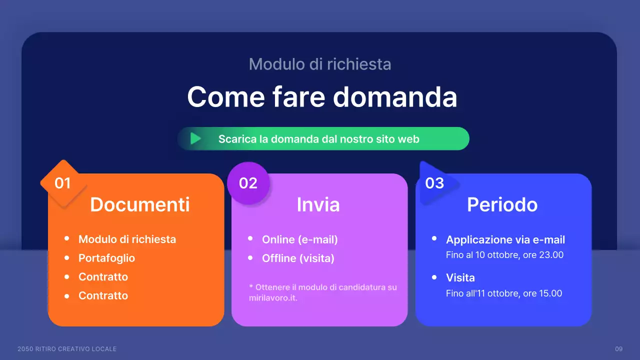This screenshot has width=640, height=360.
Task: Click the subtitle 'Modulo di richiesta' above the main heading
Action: [320, 64]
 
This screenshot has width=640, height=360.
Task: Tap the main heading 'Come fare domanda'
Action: [322, 96]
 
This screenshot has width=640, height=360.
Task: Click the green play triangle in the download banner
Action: [195, 138]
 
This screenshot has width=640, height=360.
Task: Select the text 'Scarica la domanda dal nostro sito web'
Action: [318, 139]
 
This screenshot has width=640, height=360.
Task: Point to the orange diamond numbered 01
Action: [63, 183]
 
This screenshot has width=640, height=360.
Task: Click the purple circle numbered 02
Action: [248, 183]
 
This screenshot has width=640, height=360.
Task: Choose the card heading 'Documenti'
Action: [140, 204]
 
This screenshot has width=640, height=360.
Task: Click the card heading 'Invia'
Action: [318, 204]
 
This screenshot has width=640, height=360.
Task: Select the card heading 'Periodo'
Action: [502, 204]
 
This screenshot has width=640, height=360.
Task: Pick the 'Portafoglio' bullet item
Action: [106, 258]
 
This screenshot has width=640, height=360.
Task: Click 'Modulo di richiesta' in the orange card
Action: [127, 239]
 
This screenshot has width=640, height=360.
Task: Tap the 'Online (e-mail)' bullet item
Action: [300, 239]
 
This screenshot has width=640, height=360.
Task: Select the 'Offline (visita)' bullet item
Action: [298, 258]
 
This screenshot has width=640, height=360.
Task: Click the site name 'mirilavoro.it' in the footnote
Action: [273, 298]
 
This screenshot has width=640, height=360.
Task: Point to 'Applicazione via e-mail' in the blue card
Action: [505, 239]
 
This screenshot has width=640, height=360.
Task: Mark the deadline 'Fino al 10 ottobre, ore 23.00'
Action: [504, 255]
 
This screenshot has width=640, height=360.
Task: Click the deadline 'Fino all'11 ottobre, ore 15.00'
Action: [504, 293]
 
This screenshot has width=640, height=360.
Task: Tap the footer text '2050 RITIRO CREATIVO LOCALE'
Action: [67, 348]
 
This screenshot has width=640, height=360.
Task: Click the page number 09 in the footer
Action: [618, 348]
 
